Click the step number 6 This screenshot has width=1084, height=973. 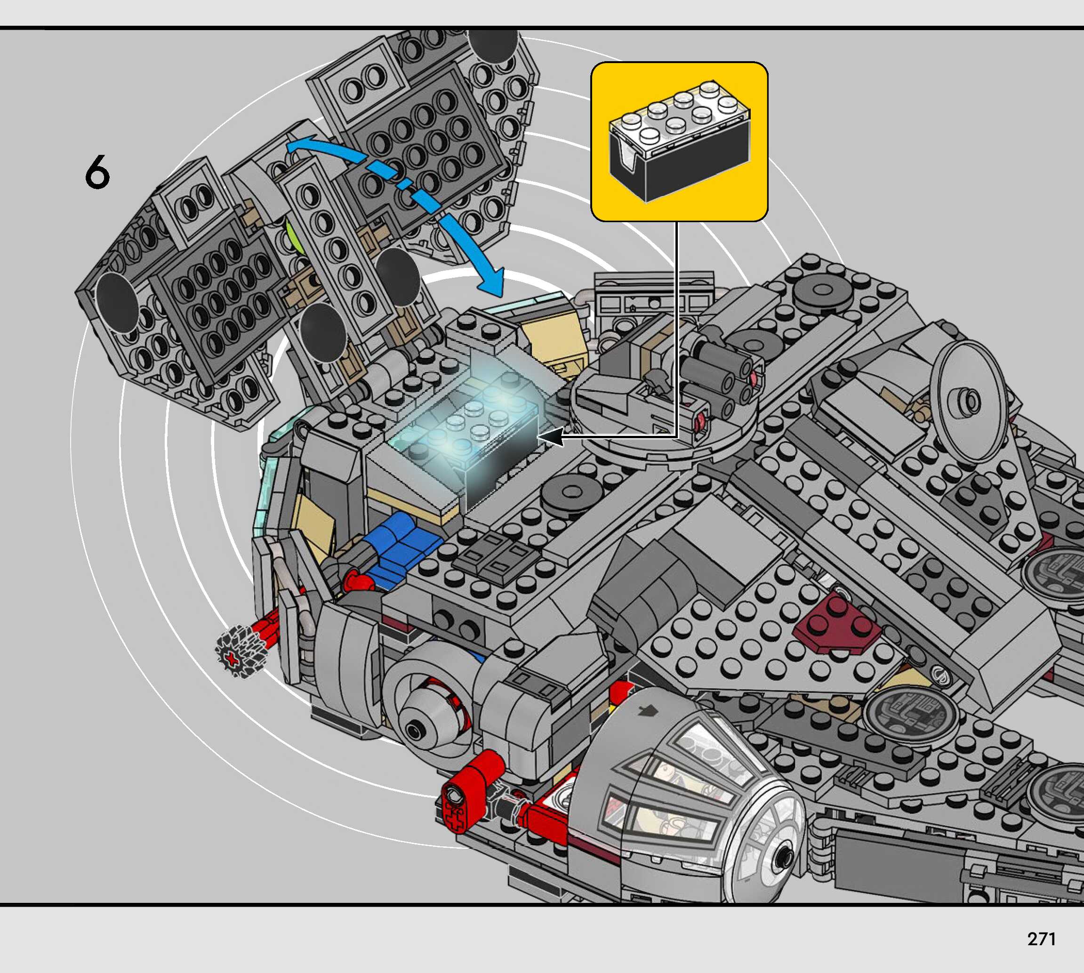click(x=97, y=172)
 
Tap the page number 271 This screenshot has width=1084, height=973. click(x=1041, y=939)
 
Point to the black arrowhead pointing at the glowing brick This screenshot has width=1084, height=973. click(x=550, y=437)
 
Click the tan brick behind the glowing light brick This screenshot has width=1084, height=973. click(x=551, y=342)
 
